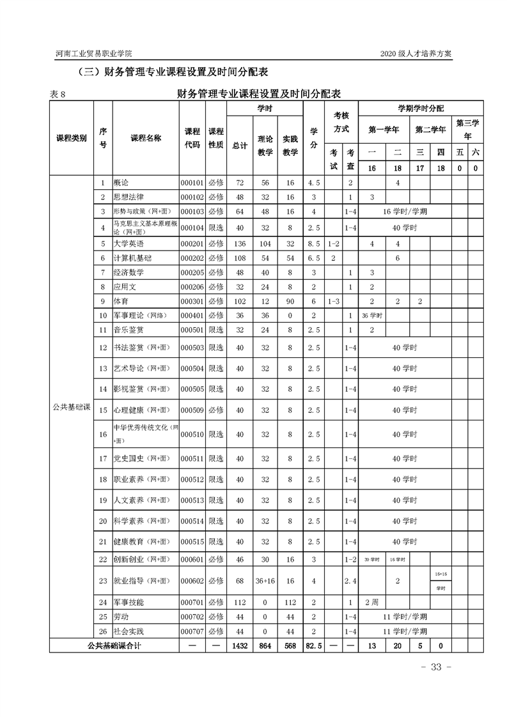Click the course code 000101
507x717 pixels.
[192, 183]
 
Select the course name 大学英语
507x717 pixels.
[127, 243]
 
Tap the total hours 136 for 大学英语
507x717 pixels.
[240, 243]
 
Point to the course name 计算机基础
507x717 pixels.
[132, 258]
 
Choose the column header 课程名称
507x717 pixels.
[146, 138]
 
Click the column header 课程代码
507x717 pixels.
[192, 138]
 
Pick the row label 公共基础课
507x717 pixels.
[72, 407]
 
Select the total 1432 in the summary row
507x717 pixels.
[240, 646]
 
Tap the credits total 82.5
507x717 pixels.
[313, 646]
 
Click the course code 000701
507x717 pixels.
[192, 603]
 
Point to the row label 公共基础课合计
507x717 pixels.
[114, 646]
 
